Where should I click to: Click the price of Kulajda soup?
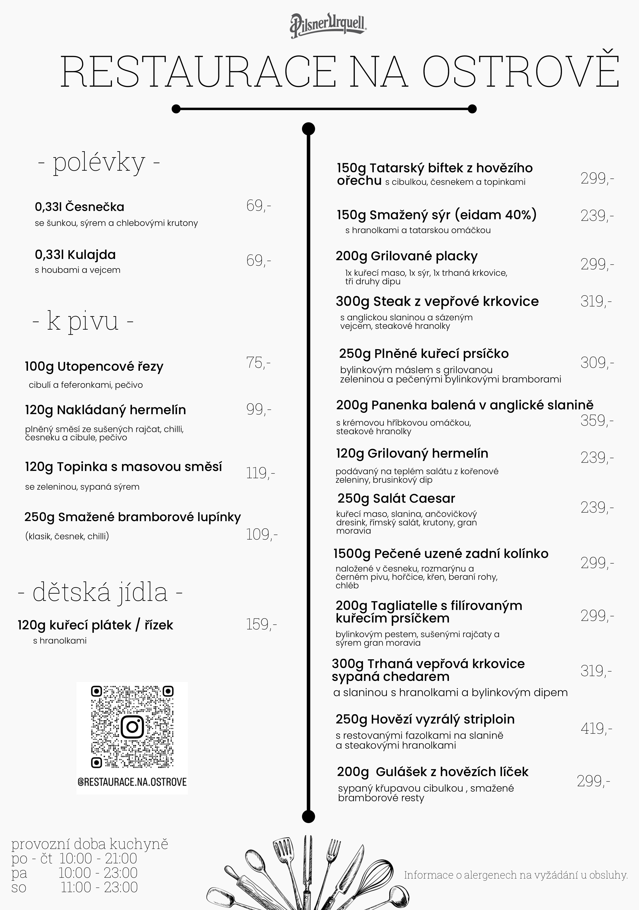[258, 261]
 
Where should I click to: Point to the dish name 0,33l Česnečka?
[79, 207]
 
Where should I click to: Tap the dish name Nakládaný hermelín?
[105, 410]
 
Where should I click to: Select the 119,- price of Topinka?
[260, 473]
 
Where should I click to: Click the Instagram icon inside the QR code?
[132, 727]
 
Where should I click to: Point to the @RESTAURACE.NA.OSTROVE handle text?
[132, 782]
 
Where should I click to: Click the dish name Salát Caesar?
[396, 498]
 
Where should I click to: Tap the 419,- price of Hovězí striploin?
[596, 728]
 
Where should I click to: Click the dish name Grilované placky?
[407, 256]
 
